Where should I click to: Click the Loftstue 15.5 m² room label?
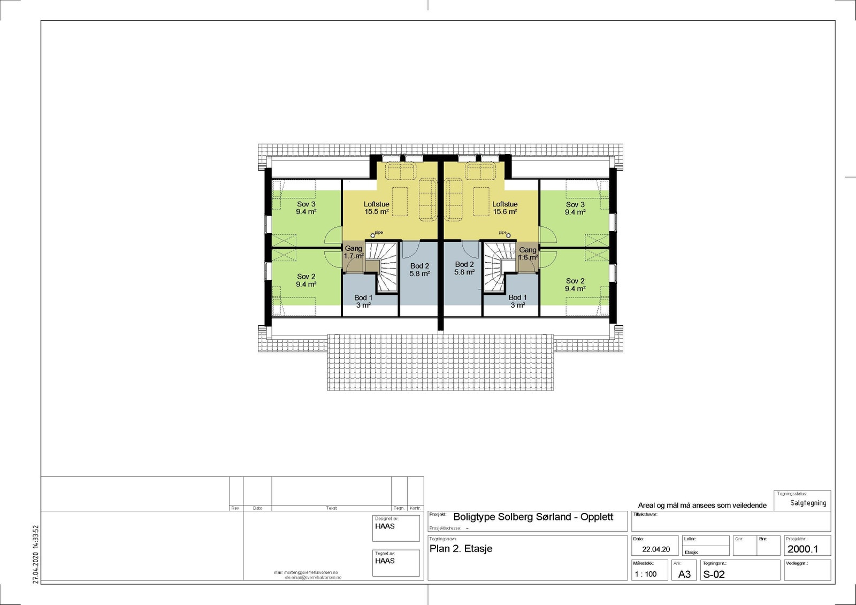click(x=376, y=208)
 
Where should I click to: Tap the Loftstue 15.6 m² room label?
click(x=505, y=208)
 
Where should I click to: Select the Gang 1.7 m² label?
click(x=353, y=252)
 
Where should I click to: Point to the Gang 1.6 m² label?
click(x=528, y=254)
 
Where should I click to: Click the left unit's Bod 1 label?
click(x=363, y=301)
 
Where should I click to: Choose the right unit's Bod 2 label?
click(x=464, y=268)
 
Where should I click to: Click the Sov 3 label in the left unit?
click(x=306, y=208)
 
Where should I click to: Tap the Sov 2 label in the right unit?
click(x=575, y=285)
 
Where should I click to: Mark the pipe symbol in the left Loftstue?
click(x=373, y=235)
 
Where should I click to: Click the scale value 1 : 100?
click(x=645, y=574)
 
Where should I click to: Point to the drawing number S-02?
click(x=714, y=575)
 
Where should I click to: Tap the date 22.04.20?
click(x=656, y=549)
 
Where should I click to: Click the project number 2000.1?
click(x=802, y=549)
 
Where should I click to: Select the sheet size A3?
click(x=684, y=575)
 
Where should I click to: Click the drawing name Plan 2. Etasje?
click(x=461, y=549)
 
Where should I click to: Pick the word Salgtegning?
click(x=808, y=503)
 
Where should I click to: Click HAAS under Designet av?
click(x=385, y=526)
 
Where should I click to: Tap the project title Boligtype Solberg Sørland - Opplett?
click(x=533, y=517)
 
